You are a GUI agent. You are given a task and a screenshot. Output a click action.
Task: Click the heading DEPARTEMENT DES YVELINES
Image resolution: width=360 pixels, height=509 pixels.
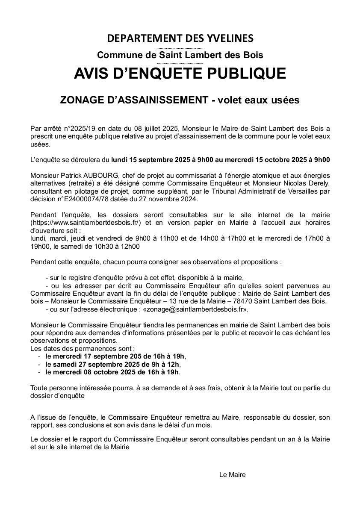(180, 38)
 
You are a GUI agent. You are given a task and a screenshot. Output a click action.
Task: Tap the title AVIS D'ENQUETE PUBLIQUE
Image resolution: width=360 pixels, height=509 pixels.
(180, 73)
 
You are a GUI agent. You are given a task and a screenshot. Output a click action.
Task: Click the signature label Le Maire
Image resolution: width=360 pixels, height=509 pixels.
(232, 475)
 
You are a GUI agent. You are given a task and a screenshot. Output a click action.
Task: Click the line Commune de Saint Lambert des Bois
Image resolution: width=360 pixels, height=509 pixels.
(180, 55)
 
